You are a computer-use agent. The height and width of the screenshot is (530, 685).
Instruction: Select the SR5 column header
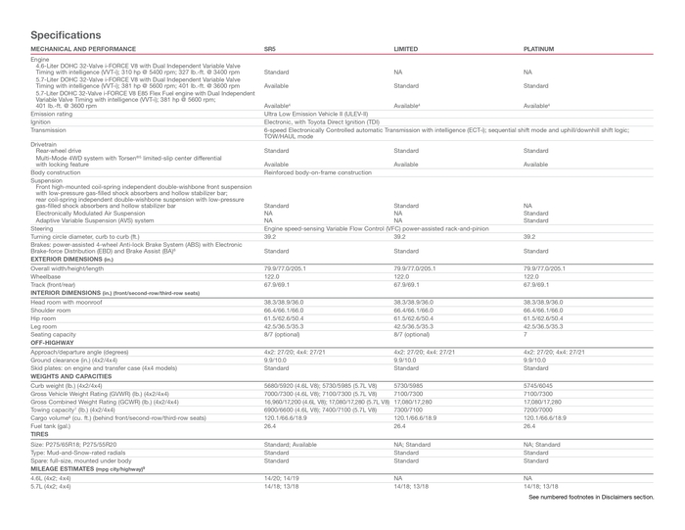click(x=271, y=47)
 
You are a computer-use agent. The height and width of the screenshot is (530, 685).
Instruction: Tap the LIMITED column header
click(x=405, y=47)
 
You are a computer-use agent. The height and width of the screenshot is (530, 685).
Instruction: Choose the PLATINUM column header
click(x=539, y=47)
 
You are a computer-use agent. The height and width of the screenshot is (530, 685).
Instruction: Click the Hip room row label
click(x=44, y=318)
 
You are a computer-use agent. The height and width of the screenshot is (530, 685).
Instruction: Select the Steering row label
click(x=43, y=227)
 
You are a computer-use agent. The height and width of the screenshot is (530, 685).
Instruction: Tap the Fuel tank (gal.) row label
click(x=58, y=426)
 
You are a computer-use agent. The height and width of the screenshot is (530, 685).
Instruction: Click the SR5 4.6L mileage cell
click(x=282, y=477)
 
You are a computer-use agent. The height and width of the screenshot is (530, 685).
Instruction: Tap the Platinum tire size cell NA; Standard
click(x=542, y=443)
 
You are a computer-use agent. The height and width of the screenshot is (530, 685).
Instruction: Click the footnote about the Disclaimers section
click(x=591, y=498)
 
